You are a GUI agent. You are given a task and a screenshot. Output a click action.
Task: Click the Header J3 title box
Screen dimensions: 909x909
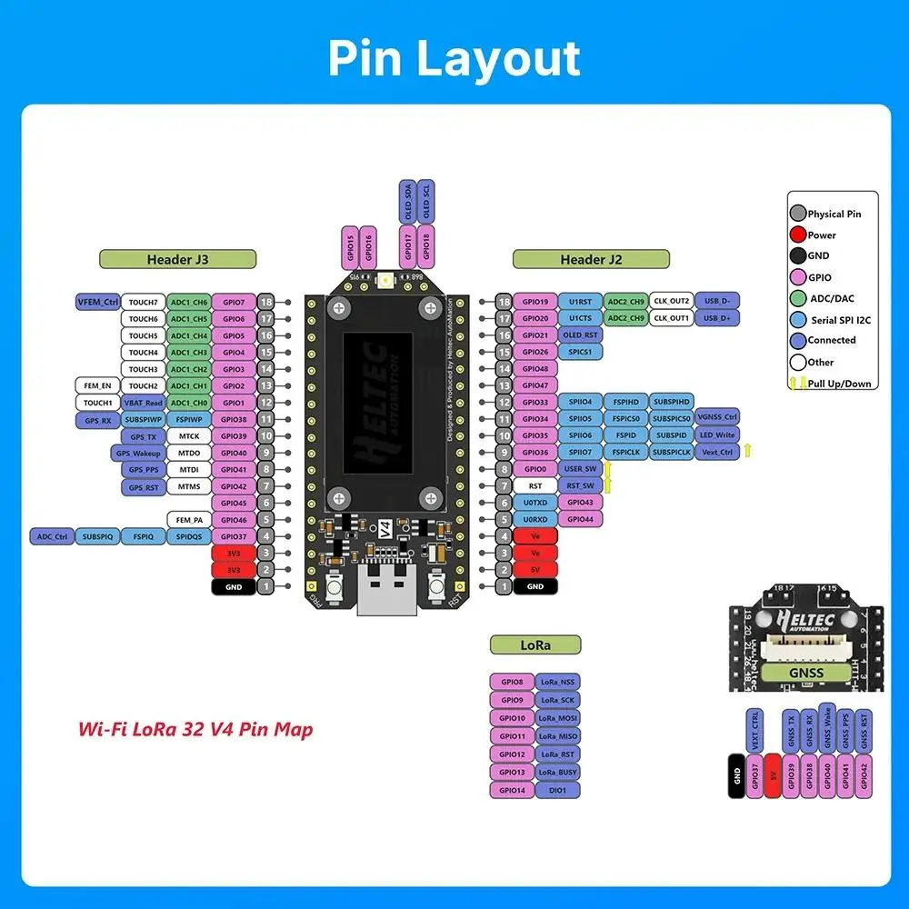click(x=177, y=259)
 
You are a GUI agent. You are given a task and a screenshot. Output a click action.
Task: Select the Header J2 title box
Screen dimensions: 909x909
click(x=591, y=259)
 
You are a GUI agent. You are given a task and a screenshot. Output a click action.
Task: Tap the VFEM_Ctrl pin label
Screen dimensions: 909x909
click(x=98, y=302)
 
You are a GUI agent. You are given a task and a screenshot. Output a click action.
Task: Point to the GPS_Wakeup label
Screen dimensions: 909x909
click(x=138, y=453)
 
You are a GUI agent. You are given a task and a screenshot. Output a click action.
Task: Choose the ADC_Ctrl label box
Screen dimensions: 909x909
click(x=52, y=537)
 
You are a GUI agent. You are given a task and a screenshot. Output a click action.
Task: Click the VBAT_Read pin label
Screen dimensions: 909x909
click(x=143, y=403)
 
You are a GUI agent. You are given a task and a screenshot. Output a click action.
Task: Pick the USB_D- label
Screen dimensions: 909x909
click(x=717, y=302)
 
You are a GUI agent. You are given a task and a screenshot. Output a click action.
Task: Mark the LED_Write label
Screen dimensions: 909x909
click(x=717, y=435)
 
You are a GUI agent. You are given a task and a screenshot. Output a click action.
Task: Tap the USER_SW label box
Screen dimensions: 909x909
click(x=579, y=469)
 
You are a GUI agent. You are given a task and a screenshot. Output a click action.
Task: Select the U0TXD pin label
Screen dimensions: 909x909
click(x=535, y=503)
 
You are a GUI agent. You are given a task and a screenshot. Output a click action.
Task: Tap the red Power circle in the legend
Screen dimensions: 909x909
click(x=797, y=235)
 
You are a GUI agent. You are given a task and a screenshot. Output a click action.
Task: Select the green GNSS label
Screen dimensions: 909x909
click(x=806, y=674)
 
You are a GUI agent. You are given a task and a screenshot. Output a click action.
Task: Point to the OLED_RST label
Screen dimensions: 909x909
click(x=579, y=335)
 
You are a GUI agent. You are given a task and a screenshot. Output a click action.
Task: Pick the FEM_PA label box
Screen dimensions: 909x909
click(x=189, y=520)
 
